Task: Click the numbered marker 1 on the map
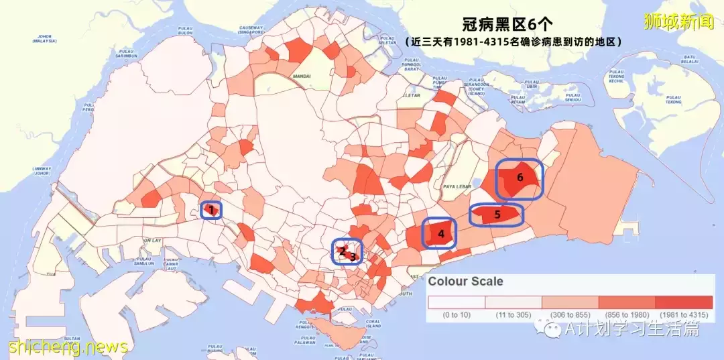pyautogui.click(x=211, y=210)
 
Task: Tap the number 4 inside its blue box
pyautogui.click(x=441, y=234)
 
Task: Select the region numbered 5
pyautogui.click(x=497, y=215)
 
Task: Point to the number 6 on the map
pyautogui.click(x=520, y=177)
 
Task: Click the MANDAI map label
pyautogui.click(x=302, y=77)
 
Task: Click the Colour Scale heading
pyautogui.click(x=465, y=282)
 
